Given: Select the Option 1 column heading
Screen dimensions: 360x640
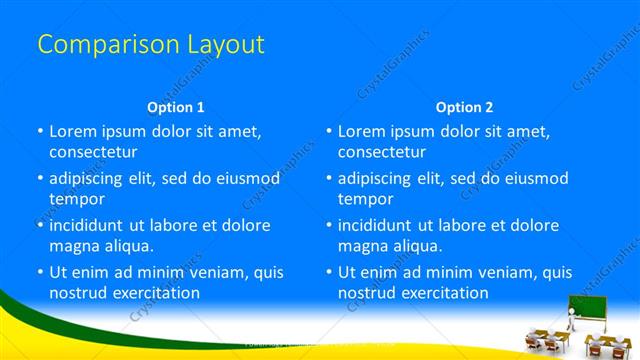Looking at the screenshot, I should (x=176, y=106).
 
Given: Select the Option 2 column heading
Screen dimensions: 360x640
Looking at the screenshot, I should (x=464, y=106).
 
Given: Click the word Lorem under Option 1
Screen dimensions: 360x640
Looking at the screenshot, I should (x=72, y=131).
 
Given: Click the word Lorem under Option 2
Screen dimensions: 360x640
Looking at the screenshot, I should (x=361, y=131).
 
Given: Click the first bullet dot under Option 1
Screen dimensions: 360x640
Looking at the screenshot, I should (x=40, y=131).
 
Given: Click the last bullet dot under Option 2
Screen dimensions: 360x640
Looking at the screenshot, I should (x=329, y=272).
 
